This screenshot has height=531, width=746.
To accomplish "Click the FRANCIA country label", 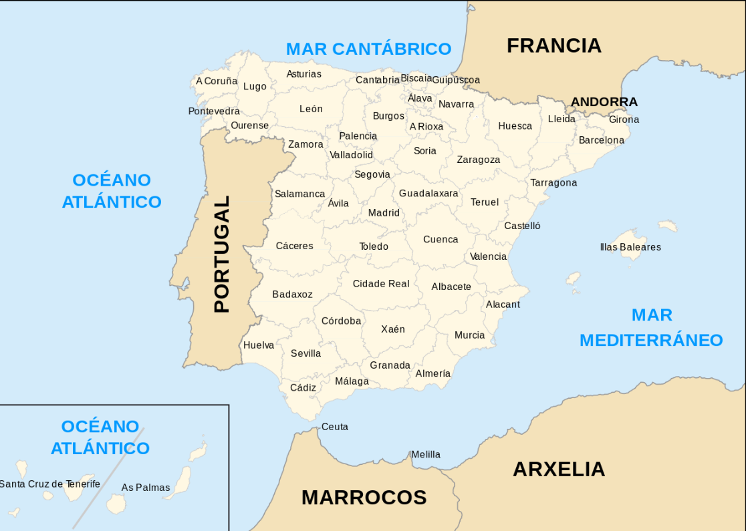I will tap(553, 45).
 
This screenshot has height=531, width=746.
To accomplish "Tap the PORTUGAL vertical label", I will tap(221, 254).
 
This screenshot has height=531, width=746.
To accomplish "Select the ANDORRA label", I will tap(604, 102).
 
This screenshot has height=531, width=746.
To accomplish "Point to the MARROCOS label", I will tap(364, 498).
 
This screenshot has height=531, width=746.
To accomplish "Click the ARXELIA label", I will tap(559, 470).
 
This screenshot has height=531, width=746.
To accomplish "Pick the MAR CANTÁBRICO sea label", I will tap(368, 49).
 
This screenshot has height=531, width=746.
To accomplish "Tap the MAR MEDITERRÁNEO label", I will tap(651, 327).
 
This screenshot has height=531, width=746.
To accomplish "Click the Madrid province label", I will tap(384, 213).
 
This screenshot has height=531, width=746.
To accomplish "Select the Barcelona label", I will tap(601, 140).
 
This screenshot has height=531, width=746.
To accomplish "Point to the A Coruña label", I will tap(217, 81).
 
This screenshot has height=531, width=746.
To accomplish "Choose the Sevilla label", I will tap(305, 353).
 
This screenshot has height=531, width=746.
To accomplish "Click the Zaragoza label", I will tap(478, 160).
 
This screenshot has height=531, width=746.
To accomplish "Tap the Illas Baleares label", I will tap(630, 247).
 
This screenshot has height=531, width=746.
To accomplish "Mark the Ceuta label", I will tap(334, 427).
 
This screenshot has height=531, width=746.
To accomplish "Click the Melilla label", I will tap(426, 454).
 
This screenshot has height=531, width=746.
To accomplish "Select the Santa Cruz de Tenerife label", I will tap(49, 484).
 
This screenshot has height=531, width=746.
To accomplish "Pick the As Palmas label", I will tap(146, 488).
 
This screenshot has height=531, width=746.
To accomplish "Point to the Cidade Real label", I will tap(381, 284).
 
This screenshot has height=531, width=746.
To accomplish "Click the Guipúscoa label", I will tap(456, 80).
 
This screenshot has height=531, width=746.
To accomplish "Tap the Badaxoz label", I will tap(292, 295).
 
